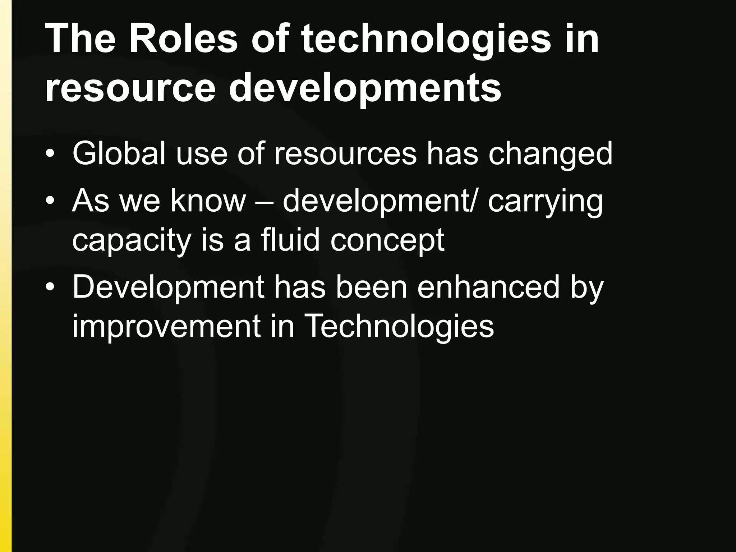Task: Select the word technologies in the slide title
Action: click(x=425, y=39)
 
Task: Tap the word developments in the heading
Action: click(x=365, y=88)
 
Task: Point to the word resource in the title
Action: click(x=130, y=88)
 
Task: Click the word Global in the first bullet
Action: click(x=119, y=154)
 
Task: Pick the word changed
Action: click(x=549, y=154)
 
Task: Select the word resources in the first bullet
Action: click(x=345, y=154)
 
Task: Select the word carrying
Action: click(x=545, y=201)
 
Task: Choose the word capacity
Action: click(x=131, y=241)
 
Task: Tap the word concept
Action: click(x=387, y=241)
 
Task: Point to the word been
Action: click(x=371, y=287)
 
